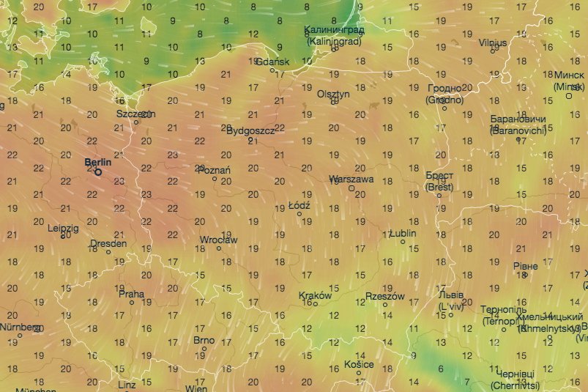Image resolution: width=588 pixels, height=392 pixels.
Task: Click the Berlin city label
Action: coord(97,162)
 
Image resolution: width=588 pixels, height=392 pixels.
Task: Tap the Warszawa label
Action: coord(351,179)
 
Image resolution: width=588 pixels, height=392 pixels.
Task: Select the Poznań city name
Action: coord(215,170)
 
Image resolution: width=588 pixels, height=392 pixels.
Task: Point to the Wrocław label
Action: coord(218,240)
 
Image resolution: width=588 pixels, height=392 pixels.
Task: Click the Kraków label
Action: coord(316,297)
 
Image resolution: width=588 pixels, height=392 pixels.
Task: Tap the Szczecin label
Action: coord(135,114)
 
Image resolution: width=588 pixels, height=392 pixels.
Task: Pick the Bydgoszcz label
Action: coord(250,130)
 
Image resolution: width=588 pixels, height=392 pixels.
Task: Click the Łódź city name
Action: coord(299,206)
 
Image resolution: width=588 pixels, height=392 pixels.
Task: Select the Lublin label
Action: coord(402,233)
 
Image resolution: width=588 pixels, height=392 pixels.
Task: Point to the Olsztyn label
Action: coord(334,94)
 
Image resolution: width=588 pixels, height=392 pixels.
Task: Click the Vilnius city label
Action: coord(493,43)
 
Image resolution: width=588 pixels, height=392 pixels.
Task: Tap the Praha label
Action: coord(132,295)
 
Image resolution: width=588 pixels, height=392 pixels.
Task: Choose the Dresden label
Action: coord(108,243)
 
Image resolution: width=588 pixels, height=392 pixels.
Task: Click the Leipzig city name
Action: coord(63,228)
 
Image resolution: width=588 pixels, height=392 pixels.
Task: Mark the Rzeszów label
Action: coord(384,297)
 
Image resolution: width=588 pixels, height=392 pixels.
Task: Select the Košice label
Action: coord(359,364)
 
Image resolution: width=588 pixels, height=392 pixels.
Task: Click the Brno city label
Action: coord(204,340)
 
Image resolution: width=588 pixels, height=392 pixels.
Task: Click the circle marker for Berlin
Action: coord(98,173)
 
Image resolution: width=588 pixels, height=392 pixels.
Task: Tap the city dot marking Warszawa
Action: coord(351,188)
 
